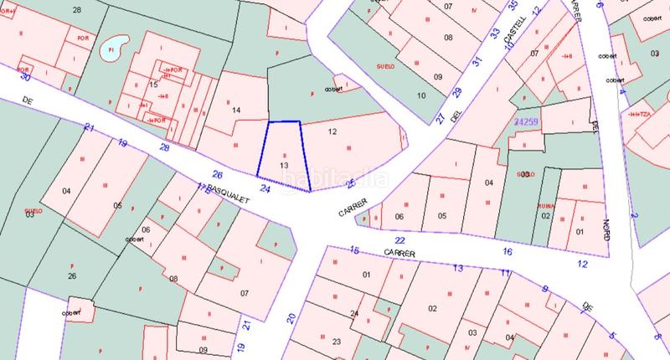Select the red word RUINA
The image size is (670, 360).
point(545,203)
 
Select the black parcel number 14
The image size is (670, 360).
point(236,110)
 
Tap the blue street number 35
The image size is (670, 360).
point(513,6)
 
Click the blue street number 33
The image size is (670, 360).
point(495,34)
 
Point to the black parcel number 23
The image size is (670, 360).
point(336,341)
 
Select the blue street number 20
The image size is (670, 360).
point(291,317)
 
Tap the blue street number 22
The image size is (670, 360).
point(399,239)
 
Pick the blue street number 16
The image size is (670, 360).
point(507,251)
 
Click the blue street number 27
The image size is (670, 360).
point(441,118)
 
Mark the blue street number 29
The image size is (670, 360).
point(457,91)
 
